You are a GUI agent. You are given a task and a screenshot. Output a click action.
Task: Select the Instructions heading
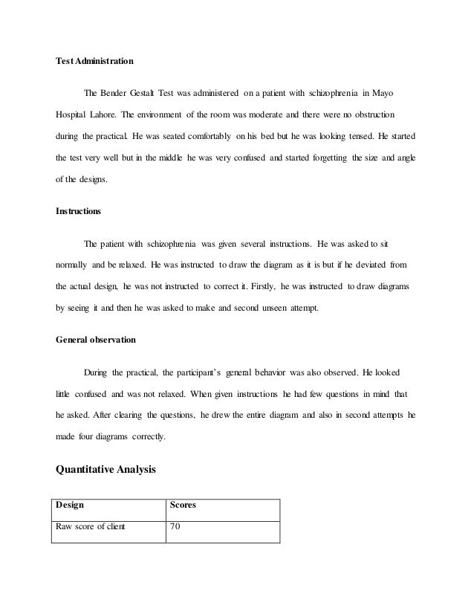[79, 211]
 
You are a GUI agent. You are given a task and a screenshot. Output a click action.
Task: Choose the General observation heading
[96, 340]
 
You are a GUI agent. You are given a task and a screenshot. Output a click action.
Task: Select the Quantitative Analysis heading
[106, 469]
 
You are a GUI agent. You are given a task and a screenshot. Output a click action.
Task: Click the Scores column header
[183, 505]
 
